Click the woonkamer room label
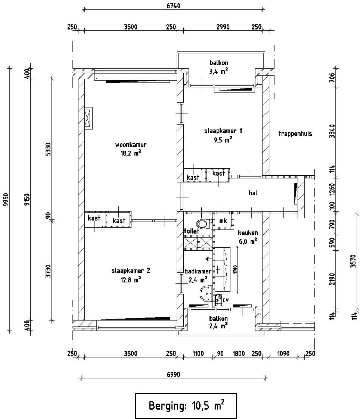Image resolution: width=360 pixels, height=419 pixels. point(131,145)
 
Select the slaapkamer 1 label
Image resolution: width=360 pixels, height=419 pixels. point(223,131)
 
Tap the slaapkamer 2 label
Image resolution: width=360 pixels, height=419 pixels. point(131,271)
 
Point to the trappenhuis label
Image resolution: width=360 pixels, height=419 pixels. point(295,133)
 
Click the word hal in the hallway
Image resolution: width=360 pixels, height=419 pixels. point(253,193)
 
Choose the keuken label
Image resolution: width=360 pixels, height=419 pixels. point(248,233)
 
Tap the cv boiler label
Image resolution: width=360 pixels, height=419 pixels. point(226,300)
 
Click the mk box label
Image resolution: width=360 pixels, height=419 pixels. point(223,221)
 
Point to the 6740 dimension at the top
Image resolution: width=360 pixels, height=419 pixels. point(173,6)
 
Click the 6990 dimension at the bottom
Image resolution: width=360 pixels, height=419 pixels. point(173,375)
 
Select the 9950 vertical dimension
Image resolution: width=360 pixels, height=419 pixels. point(6,200)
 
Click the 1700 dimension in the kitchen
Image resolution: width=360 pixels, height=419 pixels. point(234,269)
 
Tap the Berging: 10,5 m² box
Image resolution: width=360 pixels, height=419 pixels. point(186,406)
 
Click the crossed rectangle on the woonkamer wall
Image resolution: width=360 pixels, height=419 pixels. point(88,118)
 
